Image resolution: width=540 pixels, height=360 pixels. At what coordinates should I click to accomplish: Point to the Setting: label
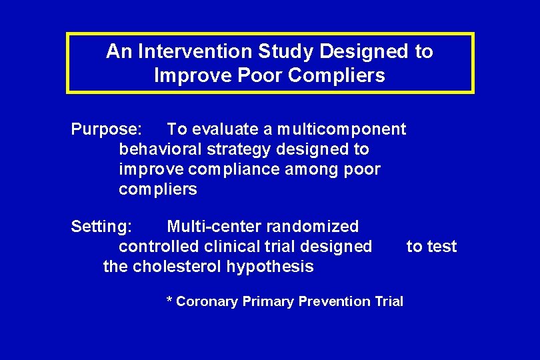point(101,227)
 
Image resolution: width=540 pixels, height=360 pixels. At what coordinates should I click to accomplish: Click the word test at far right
point(443,247)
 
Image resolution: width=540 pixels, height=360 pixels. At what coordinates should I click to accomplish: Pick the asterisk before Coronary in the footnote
point(169,301)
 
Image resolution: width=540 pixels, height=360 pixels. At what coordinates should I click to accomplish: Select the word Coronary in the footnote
point(207,301)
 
